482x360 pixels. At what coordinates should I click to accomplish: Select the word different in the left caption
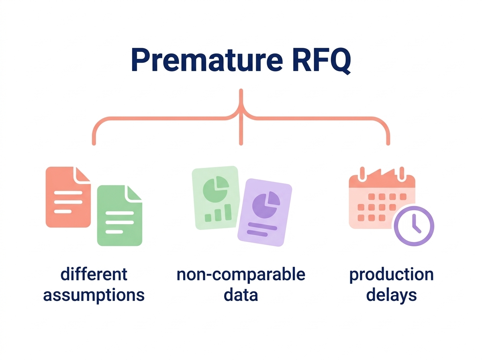tap(94, 275)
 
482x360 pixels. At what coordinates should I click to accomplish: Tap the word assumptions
tap(94, 295)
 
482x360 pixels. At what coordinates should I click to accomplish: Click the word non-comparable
tap(241, 275)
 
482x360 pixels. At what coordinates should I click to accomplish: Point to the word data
tap(241, 295)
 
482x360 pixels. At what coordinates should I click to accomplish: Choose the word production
tap(391, 275)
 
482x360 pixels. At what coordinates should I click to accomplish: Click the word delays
tap(391, 295)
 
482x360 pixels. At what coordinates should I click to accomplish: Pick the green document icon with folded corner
tap(119, 217)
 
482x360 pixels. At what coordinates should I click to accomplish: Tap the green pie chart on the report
tap(216, 189)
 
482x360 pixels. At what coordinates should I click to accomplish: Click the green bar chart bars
tap(218, 214)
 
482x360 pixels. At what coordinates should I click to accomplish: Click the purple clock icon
tap(413, 226)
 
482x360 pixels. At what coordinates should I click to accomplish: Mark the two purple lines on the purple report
tap(262, 229)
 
